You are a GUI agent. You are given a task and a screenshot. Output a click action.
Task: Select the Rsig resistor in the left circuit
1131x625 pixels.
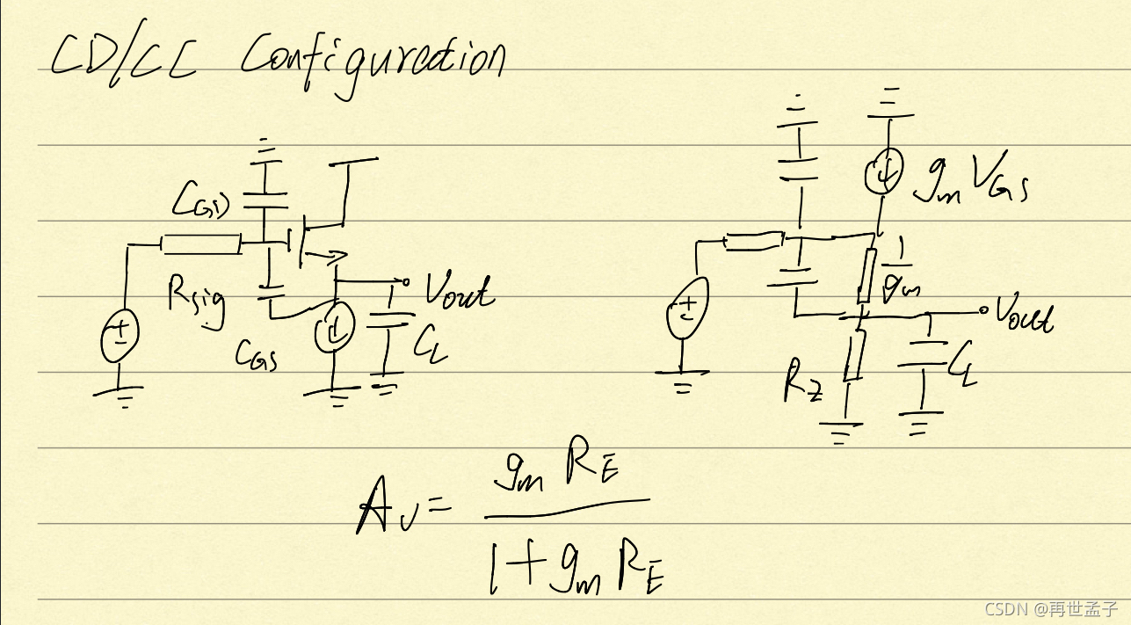(x=201, y=243)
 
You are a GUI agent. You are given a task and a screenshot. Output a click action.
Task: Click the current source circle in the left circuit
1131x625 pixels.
(x=334, y=330)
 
